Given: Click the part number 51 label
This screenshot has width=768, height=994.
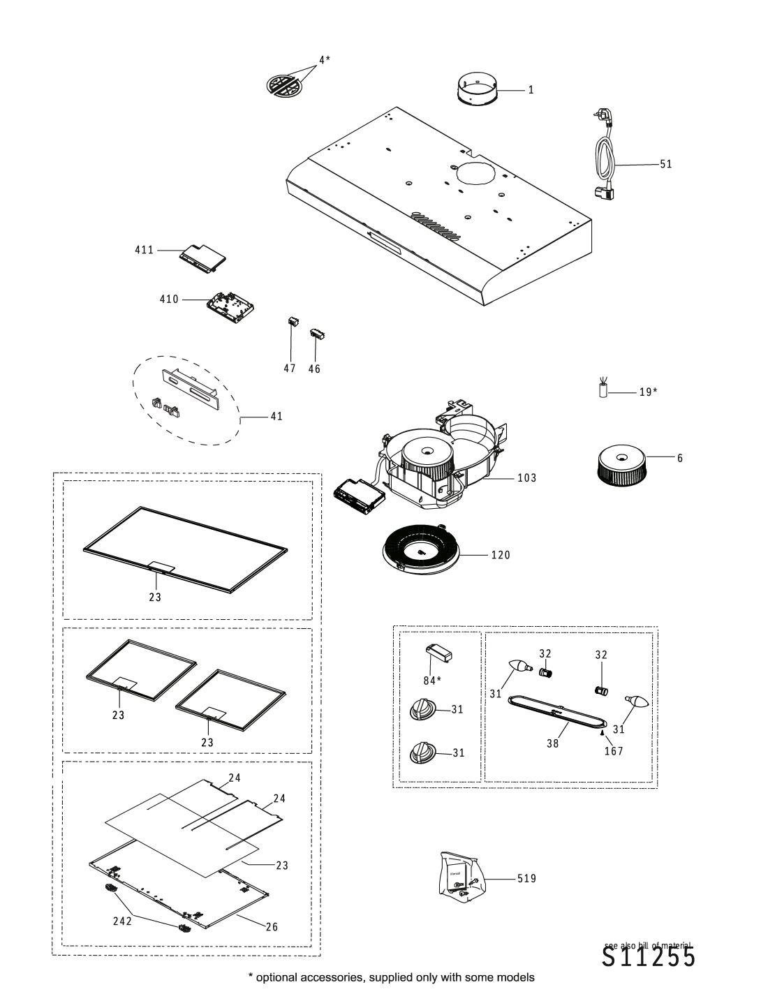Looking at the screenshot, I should coord(665,165).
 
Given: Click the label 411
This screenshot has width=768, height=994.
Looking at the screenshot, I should coord(144,249).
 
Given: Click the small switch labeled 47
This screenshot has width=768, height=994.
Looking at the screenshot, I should coord(293,323).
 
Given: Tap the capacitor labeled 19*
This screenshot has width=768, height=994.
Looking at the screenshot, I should coord(603,391).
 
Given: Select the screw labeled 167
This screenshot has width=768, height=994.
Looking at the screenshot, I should coord(602,733).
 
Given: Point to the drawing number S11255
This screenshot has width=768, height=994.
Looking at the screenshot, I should coord(649,958).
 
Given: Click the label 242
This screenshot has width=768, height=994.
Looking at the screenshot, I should coord(122,921).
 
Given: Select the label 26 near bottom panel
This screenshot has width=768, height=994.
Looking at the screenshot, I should coord(272,927).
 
